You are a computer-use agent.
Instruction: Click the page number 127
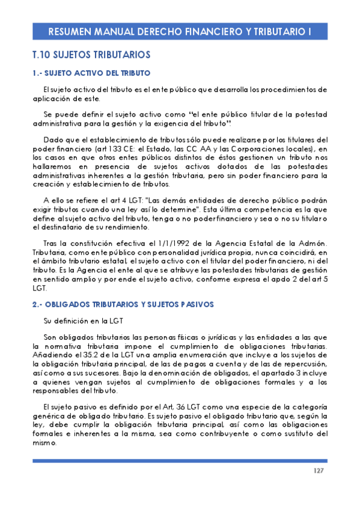tap(319, 470)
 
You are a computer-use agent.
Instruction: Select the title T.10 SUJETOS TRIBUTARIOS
tap(91, 55)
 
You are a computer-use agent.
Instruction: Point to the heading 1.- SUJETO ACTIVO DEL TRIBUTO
tap(91, 73)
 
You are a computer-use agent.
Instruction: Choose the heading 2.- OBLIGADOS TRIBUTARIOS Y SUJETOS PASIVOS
tap(122, 304)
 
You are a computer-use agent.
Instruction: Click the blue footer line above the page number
tap(180, 461)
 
